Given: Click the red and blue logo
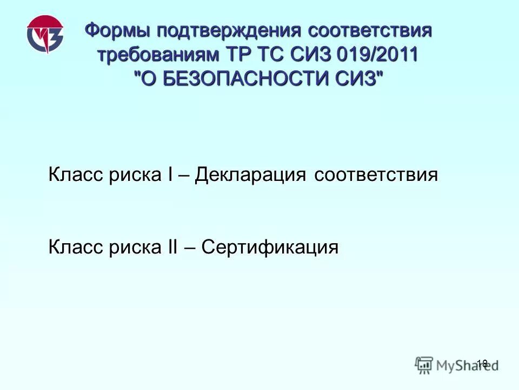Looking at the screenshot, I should pos(45,35).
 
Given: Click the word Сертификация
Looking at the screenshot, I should pos(270,248).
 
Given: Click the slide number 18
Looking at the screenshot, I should pos(482,363).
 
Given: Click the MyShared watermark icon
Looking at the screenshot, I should pos(424,364).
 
